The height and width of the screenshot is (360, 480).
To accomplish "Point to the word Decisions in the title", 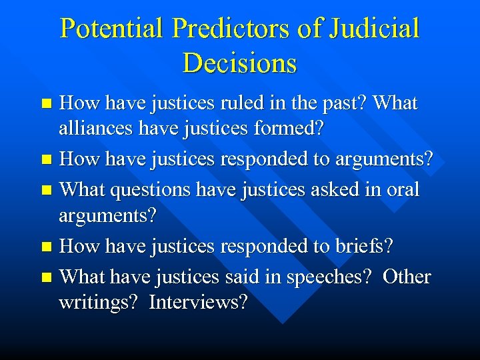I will pos(239,63).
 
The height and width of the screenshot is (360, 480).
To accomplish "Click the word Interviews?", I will pos(198,303).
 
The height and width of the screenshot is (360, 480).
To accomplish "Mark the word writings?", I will pos(99,303).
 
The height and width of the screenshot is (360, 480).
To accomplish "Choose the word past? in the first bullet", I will pos(343,103).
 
